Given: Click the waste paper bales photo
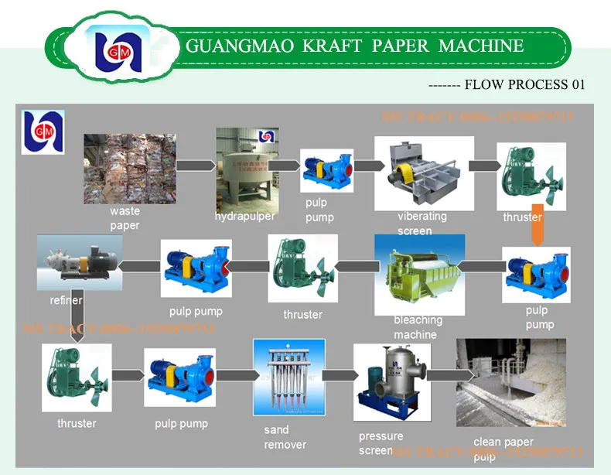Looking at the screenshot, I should coord(129,168).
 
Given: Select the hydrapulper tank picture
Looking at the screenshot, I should coord(247,169).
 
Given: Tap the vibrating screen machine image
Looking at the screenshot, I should coord(423,173).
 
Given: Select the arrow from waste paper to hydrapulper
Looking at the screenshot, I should coord(196,165).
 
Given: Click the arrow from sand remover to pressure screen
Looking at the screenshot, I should coord(335,375).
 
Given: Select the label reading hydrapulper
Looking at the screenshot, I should coord(244,217).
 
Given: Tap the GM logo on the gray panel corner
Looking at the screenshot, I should coord(43,130).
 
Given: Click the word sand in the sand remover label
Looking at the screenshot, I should coord(277,430).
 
